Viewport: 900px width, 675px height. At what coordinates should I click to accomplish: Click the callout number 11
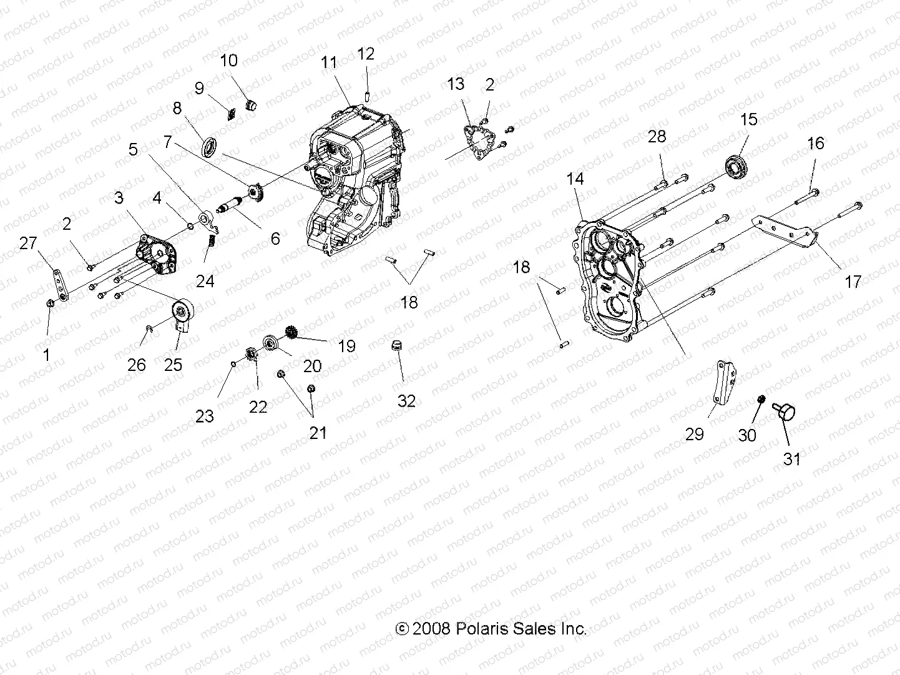[329, 62]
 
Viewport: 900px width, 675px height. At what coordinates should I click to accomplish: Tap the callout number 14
[575, 179]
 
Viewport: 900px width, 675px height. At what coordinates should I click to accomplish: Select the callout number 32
[406, 400]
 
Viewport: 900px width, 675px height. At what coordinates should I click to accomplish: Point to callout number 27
[28, 243]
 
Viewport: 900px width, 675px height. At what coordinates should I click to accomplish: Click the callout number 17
[853, 282]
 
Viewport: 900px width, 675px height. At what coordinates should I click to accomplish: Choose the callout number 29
[695, 434]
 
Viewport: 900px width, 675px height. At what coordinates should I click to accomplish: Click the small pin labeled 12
[368, 96]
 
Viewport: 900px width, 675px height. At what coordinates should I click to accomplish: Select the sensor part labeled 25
[183, 313]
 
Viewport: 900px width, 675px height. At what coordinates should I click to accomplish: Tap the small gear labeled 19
[290, 332]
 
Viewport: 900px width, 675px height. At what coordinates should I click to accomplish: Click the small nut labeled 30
[761, 400]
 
